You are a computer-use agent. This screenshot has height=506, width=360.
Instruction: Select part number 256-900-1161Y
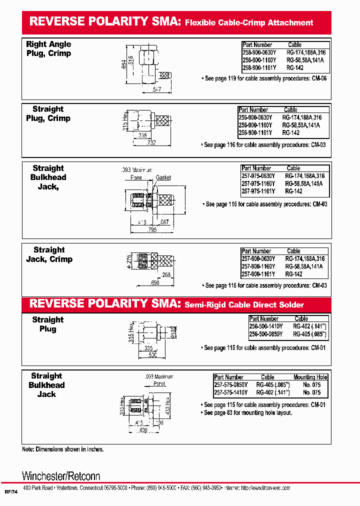tap(255, 133)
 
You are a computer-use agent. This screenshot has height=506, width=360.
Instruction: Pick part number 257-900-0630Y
tap(258, 259)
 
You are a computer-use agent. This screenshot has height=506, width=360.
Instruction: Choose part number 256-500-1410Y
tap(266, 326)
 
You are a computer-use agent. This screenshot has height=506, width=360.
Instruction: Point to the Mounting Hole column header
tap(310, 377)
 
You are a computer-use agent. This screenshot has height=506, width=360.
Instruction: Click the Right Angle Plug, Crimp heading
tap(48, 49)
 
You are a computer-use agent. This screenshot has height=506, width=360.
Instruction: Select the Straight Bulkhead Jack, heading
tap(48, 177)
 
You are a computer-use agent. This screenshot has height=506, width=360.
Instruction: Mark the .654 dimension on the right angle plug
tap(124, 64)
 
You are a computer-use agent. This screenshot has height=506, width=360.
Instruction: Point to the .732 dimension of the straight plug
tap(150, 143)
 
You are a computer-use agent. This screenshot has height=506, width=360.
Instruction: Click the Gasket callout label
tap(163, 177)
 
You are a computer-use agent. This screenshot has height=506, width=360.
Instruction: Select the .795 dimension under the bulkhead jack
tap(152, 230)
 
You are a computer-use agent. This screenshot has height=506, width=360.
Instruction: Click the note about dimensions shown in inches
tap(63, 449)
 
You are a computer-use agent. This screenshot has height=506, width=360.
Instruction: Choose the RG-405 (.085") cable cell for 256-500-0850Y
tap(309, 333)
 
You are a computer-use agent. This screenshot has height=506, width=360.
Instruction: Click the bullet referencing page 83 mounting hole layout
tap(248, 412)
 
